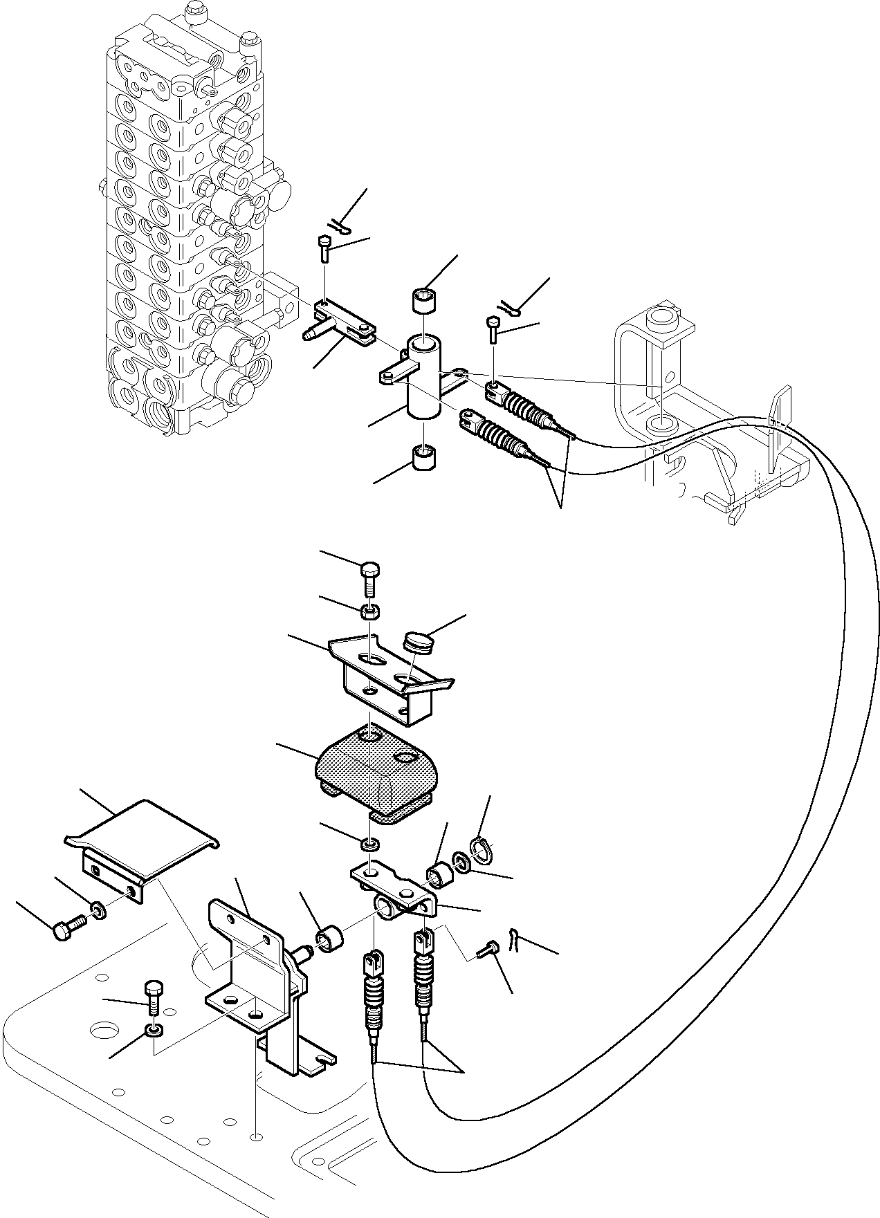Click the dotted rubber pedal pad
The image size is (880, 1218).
pyautogui.click(x=374, y=770)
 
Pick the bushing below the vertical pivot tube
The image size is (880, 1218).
pyautogui.click(x=423, y=457)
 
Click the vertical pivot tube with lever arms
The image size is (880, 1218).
pyautogui.click(x=423, y=377)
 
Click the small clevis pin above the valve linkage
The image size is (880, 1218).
pyautogui.click(x=325, y=247)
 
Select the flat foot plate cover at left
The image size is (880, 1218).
pyautogui.click(x=142, y=838)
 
